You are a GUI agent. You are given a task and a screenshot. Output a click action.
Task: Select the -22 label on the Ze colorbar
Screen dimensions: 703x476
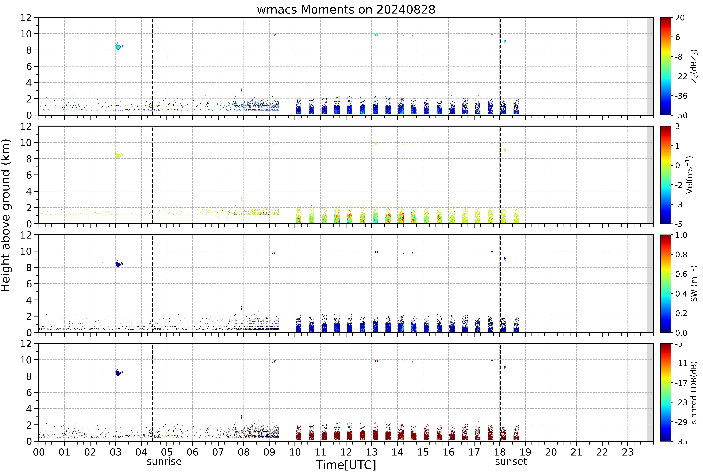click(x=681, y=76)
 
